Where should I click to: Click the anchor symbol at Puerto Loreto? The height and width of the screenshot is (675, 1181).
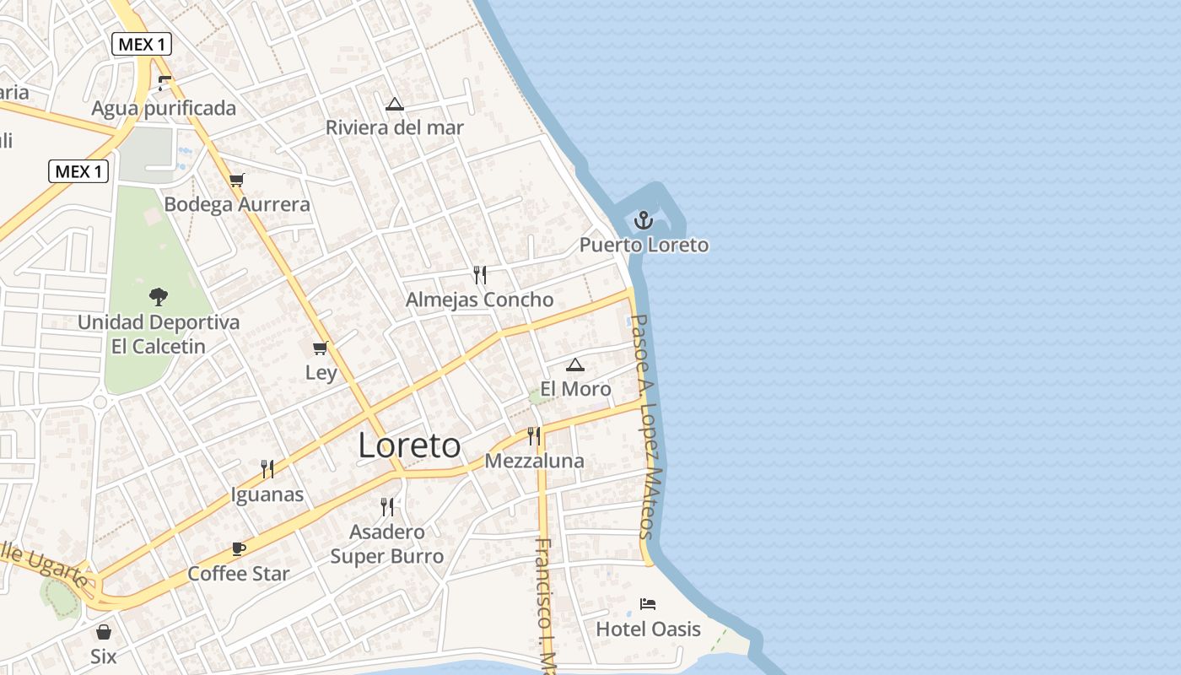[644, 221]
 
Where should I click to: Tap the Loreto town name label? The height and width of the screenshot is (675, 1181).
[410, 445]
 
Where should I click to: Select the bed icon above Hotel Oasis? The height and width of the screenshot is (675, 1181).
[648, 603]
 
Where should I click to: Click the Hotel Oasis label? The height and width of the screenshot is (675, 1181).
[648, 629]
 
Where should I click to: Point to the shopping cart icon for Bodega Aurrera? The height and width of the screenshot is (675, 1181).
[237, 180]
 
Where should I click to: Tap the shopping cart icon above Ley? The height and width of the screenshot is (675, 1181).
[320, 348]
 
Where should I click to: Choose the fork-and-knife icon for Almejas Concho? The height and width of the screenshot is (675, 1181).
[480, 274]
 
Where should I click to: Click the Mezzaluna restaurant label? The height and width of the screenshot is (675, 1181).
[534, 461]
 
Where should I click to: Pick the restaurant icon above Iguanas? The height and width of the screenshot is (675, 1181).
[267, 469]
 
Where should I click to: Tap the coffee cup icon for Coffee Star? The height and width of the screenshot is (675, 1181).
[239, 548]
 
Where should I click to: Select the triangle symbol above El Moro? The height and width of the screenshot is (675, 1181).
[575, 364]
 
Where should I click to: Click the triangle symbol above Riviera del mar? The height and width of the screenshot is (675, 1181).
[394, 105]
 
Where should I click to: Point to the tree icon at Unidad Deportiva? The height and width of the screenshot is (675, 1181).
[158, 297]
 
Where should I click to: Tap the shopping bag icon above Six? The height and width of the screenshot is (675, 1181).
[104, 631]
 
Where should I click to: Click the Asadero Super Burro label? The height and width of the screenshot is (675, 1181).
[387, 544]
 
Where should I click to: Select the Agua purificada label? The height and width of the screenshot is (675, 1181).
[164, 108]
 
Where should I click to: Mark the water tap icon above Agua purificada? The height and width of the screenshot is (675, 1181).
[164, 83]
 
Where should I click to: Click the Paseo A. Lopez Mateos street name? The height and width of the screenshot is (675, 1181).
[645, 426]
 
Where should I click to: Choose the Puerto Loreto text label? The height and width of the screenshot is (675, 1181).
[644, 246]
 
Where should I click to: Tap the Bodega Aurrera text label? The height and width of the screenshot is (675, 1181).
[237, 204]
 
